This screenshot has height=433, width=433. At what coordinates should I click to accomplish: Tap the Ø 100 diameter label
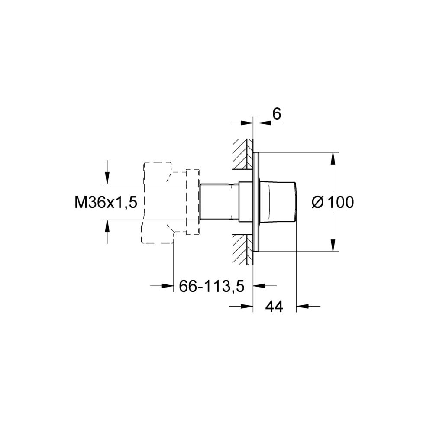(x=333, y=202)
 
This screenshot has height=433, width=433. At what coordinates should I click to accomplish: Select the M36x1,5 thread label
(x=106, y=203)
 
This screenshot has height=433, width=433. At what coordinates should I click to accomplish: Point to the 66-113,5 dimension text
(x=212, y=286)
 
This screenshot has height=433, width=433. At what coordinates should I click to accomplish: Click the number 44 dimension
(x=274, y=307)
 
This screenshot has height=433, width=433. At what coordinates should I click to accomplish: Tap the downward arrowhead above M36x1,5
(x=107, y=178)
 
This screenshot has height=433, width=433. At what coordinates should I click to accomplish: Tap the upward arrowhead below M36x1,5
(x=107, y=226)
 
